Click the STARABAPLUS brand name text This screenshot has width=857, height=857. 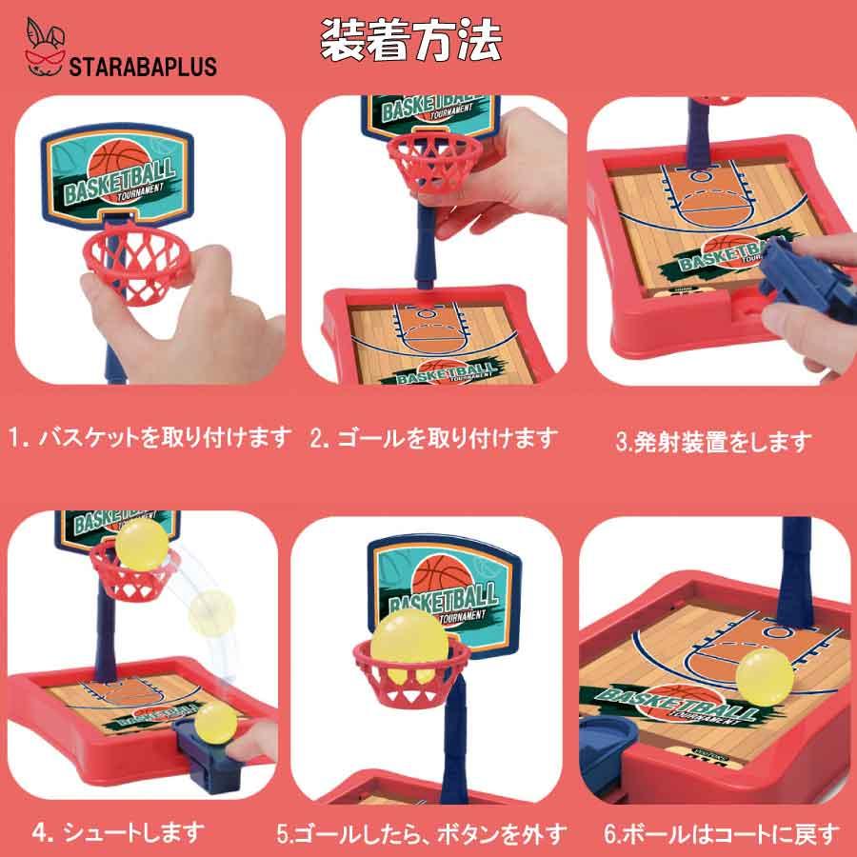[x=144, y=68]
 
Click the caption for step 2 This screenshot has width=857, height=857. [x=432, y=438]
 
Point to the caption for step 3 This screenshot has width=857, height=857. [x=713, y=442]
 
